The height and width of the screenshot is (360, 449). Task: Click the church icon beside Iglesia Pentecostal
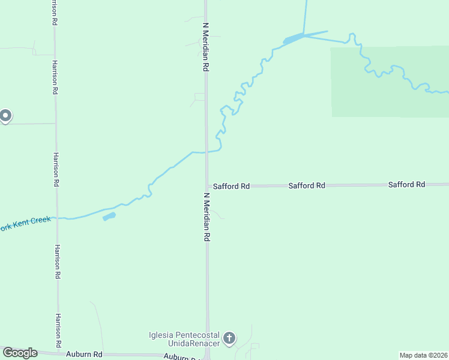click(x=229, y=339)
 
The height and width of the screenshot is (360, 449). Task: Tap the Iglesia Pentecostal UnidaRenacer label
click(x=185, y=339)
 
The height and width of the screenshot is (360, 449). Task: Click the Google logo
click(x=20, y=353)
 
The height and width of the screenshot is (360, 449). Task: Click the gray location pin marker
click(x=5, y=115)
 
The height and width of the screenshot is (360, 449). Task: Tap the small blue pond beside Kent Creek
click(x=109, y=216)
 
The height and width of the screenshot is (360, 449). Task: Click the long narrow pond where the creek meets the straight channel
click(x=294, y=40)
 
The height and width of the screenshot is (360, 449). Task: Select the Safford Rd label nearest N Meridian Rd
click(x=231, y=187)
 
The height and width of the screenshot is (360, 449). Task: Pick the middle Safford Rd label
click(x=306, y=186)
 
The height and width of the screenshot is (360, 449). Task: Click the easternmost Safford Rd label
click(x=406, y=185)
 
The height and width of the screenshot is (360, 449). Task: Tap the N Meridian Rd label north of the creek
click(x=205, y=48)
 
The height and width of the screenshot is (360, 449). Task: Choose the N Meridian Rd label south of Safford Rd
click(x=206, y=217)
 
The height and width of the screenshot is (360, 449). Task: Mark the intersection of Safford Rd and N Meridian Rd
click(x=207, y=186)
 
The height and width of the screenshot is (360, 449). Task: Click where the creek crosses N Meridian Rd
click(x=206, y=152)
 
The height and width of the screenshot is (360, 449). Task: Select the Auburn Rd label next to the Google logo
click(x=84, y=355)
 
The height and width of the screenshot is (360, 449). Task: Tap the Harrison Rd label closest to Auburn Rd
click(x=59, y=330)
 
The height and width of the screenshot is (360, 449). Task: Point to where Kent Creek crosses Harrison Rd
click(x=56, y=218)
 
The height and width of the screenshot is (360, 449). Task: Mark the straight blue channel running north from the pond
click(x=305, y=15)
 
